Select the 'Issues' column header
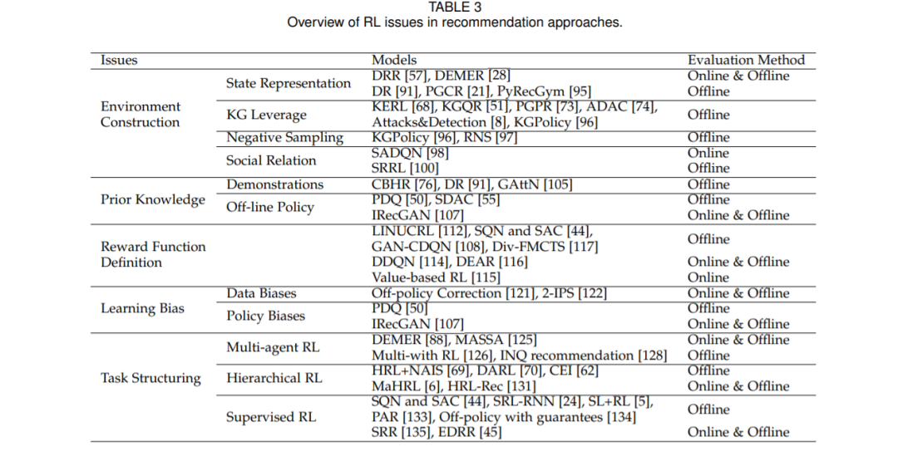(x=119, y=60)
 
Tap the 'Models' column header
(x=394, y=60)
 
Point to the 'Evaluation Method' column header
(x=746, y=60)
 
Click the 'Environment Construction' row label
(x=140, y=114)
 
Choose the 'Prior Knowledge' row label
(x=152, y=199)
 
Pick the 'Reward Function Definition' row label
(x=152, y=254)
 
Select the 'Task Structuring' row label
(x=150, y=378)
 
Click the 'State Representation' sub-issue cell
(x=289, y=83)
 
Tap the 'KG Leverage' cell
(x=266, y=115)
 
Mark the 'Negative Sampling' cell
(x=284, y=137)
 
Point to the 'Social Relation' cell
(x=271, y=160)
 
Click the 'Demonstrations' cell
(x=274, y=184)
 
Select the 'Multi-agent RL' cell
(x=274, y=347)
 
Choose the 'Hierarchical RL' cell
(x=274, y=378)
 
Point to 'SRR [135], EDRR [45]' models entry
(x=437, y=432)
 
